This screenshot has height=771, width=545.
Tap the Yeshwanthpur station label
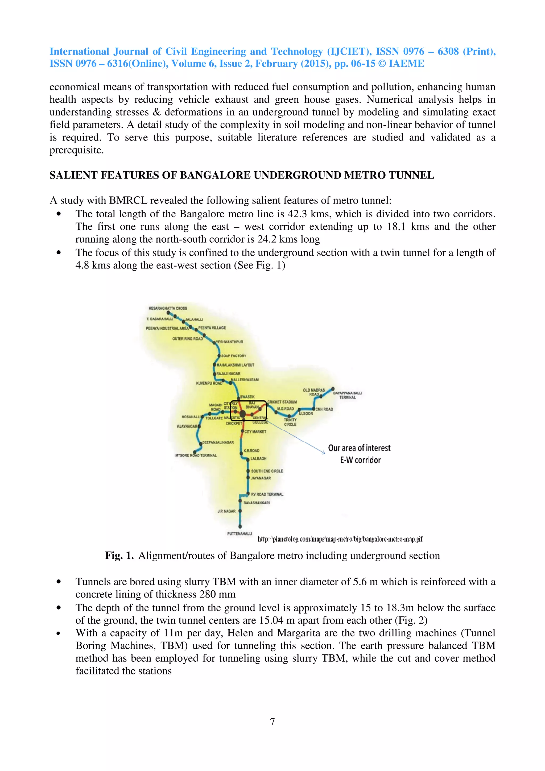click(229, 342)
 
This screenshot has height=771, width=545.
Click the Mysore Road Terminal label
click(196, 455)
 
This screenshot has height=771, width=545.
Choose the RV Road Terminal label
click(267, 494)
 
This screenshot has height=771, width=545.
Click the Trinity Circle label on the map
click(290, 422)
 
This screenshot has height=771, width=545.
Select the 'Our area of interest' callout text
click(359, 448)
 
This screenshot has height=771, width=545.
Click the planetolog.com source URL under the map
click(340, 539)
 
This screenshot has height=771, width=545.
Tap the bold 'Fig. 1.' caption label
click(119, 556)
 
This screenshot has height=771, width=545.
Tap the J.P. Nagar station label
click(227, 511)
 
